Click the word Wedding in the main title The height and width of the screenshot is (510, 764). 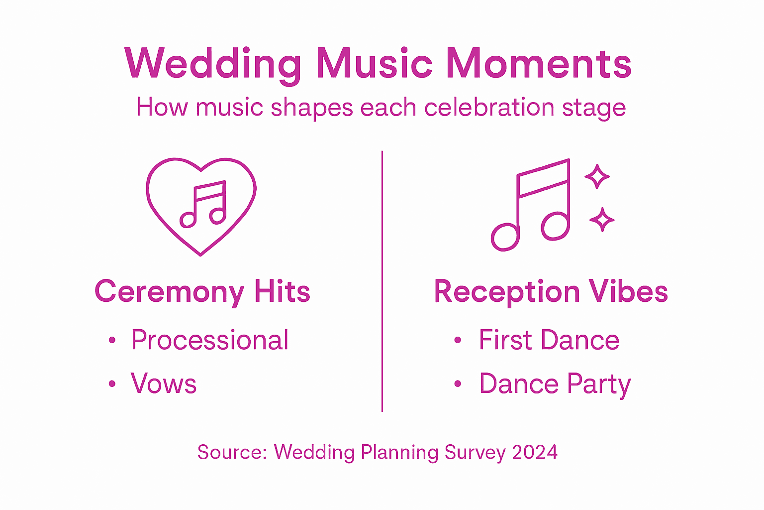[213, 64]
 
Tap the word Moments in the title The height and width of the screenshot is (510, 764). [538, 64]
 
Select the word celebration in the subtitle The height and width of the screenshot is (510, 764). [489, 108]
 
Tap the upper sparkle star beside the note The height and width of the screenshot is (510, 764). [597, 176]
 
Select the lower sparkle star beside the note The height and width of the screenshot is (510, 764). [602, 220]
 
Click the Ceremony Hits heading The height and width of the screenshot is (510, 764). [202, 291]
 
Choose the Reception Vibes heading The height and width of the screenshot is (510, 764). [551, 291]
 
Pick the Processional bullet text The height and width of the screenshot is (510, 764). [209, 341]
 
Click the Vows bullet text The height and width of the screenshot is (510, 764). [164, 384]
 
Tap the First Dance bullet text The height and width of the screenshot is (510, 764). [549, 341]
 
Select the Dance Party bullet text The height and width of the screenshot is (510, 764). [555, 384]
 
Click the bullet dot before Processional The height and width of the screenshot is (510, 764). [112, 341]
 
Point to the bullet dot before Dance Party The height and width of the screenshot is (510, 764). [458, 384]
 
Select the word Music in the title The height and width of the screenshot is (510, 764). [374, 64]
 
